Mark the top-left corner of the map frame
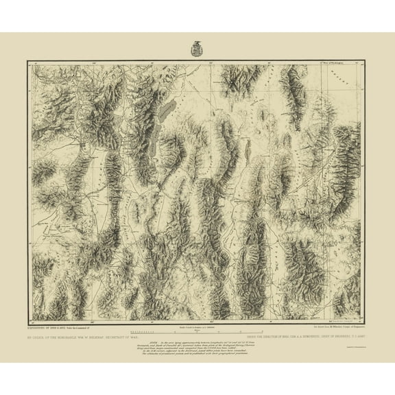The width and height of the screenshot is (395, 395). point(28,61)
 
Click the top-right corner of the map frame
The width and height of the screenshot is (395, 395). point(368,61)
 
